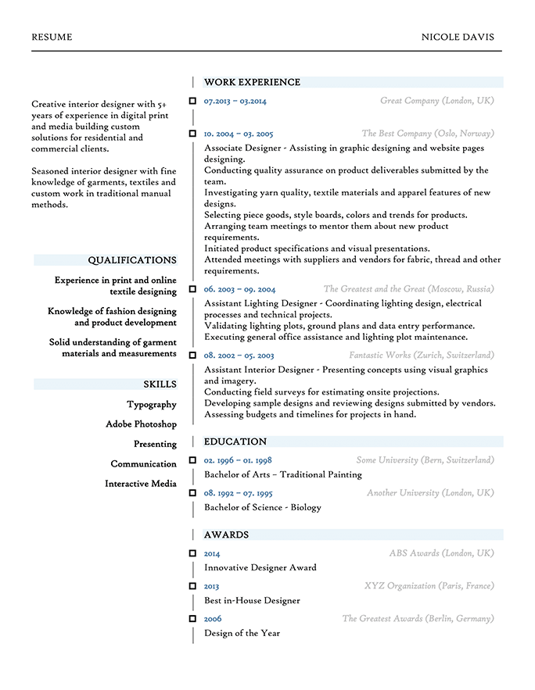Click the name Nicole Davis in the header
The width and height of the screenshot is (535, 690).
tap(458, 37)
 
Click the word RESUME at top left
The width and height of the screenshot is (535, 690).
tap(52, 37)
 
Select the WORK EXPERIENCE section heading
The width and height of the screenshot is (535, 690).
tap(252, 82)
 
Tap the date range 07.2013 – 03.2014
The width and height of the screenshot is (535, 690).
tap(235, 101)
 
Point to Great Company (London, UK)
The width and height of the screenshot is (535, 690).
tap(436, 101)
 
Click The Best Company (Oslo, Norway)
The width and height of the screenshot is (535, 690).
tap(427, 134)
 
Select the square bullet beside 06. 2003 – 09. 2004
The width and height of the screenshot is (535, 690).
tap(192, 289)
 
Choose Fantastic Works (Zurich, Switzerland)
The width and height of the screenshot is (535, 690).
tap(421, 356)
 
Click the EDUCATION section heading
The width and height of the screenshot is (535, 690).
tap(235, 442)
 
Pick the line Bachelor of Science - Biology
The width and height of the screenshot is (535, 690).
tap(262, 507)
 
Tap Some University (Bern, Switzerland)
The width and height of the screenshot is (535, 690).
tap(425, 460)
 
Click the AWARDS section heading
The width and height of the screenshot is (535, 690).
tap(226, 535)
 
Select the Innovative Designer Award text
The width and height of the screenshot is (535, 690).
tap(260, 567)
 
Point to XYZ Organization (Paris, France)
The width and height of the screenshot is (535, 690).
tap(429, 585)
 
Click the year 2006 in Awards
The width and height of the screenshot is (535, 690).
tap(213, 619)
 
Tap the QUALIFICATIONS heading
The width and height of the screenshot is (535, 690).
tap(131, 260)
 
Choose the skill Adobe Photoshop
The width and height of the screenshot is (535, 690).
tap(141, 424)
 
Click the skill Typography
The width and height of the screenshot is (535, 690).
tap(152, 405)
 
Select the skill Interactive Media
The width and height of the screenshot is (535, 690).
tap(141, 484)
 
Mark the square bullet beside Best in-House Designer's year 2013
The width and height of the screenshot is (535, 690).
tap(192, 585)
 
